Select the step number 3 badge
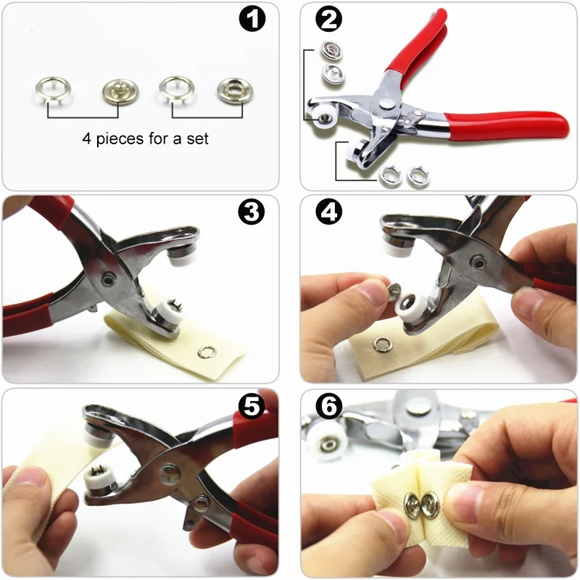[252, 213]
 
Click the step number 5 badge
[251, 407]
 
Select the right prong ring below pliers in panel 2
[417, 174]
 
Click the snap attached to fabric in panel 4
[379, 343]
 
